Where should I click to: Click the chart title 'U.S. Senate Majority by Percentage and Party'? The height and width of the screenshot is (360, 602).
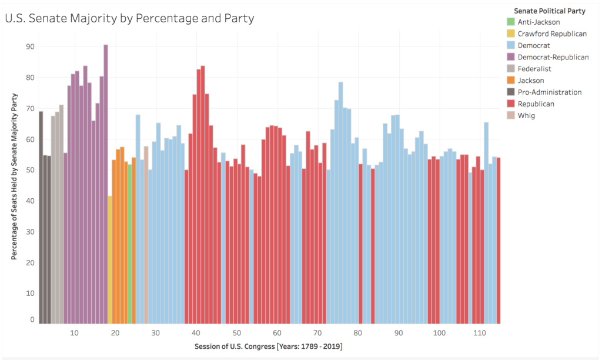[129, 18]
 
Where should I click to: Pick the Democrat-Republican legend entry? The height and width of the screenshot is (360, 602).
[553, 57]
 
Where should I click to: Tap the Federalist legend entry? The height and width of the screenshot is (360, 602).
[534, 69]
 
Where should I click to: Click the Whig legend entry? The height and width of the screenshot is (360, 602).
[526, 116]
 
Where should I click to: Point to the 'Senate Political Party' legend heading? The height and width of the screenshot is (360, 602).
[549, 11]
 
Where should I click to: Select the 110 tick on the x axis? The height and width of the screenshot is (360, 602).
[480, 333]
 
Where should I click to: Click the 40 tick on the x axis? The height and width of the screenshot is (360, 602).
[196, 333]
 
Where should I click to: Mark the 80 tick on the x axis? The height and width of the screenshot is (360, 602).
[358, 333]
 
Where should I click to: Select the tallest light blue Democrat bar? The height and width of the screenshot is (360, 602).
[340, 202]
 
